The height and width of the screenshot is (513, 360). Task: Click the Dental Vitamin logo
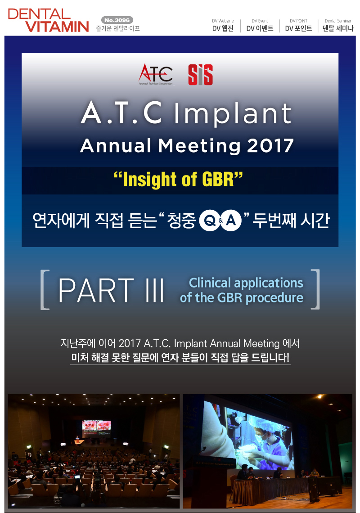click(48, 20)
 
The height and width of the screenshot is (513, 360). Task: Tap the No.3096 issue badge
click(117, 20)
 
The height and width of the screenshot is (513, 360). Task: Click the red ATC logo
click(156, 74)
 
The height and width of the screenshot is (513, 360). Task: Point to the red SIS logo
click(200, 75)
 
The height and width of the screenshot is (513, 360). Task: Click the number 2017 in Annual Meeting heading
click(270, 146)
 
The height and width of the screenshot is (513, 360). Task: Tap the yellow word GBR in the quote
click(218, 179)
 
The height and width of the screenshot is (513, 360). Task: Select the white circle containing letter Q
click(210, 220)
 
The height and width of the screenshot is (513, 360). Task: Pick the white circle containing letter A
click(231, 220)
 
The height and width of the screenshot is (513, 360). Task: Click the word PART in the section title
click(96, 290)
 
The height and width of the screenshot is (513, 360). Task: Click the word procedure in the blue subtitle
click(274, 298)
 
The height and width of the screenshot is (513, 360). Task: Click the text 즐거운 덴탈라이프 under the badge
click(118, 28)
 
